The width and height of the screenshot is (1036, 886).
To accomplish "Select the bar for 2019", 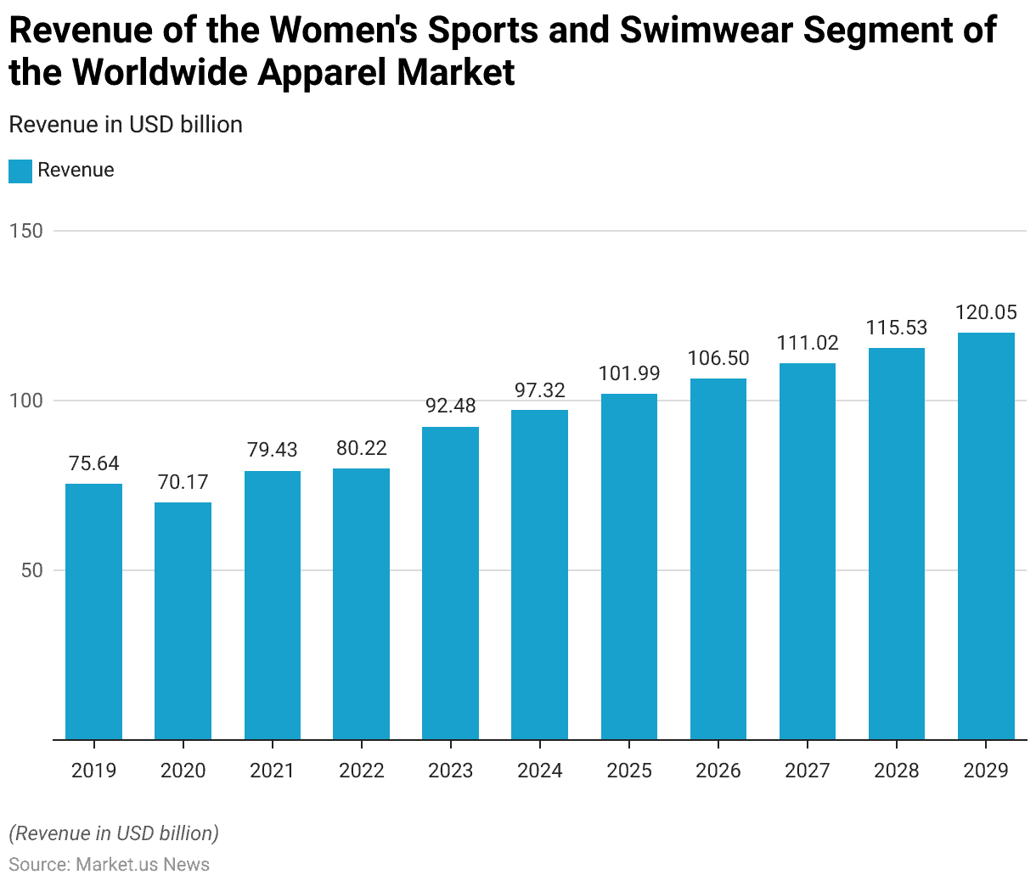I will coord(93,611).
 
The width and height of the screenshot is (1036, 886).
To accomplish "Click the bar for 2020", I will coord(183,620).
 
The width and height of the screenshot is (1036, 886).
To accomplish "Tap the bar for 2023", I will coord(450,583).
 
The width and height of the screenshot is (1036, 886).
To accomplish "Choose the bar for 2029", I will coord(986,536).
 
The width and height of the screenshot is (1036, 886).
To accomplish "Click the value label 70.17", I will coord(183,483).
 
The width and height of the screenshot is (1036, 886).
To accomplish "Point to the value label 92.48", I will coord(450,407).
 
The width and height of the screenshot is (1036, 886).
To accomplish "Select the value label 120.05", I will coord(986,313).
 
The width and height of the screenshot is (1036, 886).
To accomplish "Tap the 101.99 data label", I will coord(629,374).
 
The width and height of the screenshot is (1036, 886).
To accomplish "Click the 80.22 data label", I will coord(361,448).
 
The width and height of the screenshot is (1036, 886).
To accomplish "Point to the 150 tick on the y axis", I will coord(25,231).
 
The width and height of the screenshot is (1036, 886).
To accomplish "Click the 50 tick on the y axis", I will coord(31,570).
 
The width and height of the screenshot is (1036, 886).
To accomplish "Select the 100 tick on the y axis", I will coord(25,401).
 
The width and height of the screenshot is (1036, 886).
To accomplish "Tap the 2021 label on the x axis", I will coord(272,771).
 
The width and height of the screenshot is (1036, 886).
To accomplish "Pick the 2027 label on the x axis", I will coord(808,771).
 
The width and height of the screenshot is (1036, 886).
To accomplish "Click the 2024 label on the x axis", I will coord(540,771).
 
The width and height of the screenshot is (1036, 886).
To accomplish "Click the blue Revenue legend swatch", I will coord(20,171).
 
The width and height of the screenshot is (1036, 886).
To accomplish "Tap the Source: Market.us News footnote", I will coord(109,865).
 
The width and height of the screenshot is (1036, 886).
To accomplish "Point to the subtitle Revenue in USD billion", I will coord(126,125).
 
